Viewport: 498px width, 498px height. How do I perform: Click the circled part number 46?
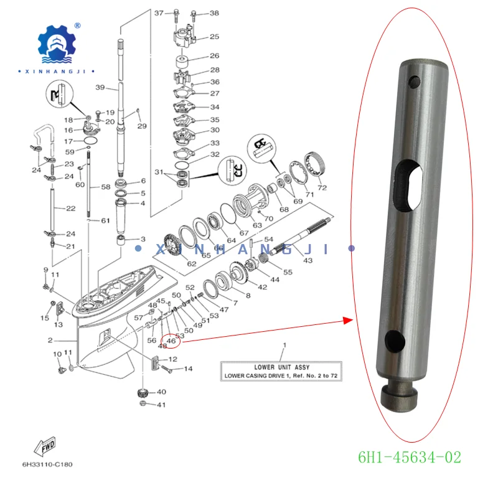click(x=171, y=341)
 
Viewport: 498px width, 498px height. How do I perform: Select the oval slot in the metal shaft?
click(x=408, y=185)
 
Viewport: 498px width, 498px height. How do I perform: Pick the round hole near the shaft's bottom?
click(x=395, y=340)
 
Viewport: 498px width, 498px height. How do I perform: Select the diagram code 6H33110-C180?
click(x=47, y=464)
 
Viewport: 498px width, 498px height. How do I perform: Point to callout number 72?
click(x=322, y=187)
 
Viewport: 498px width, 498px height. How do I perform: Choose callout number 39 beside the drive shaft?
click(x=100, y=88)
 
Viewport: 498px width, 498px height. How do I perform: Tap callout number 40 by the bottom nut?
click(x=161, y=392)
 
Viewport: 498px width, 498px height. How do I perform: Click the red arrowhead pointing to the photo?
click(x=348, y=321)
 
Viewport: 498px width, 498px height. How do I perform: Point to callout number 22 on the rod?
click(x=70, y=208)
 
